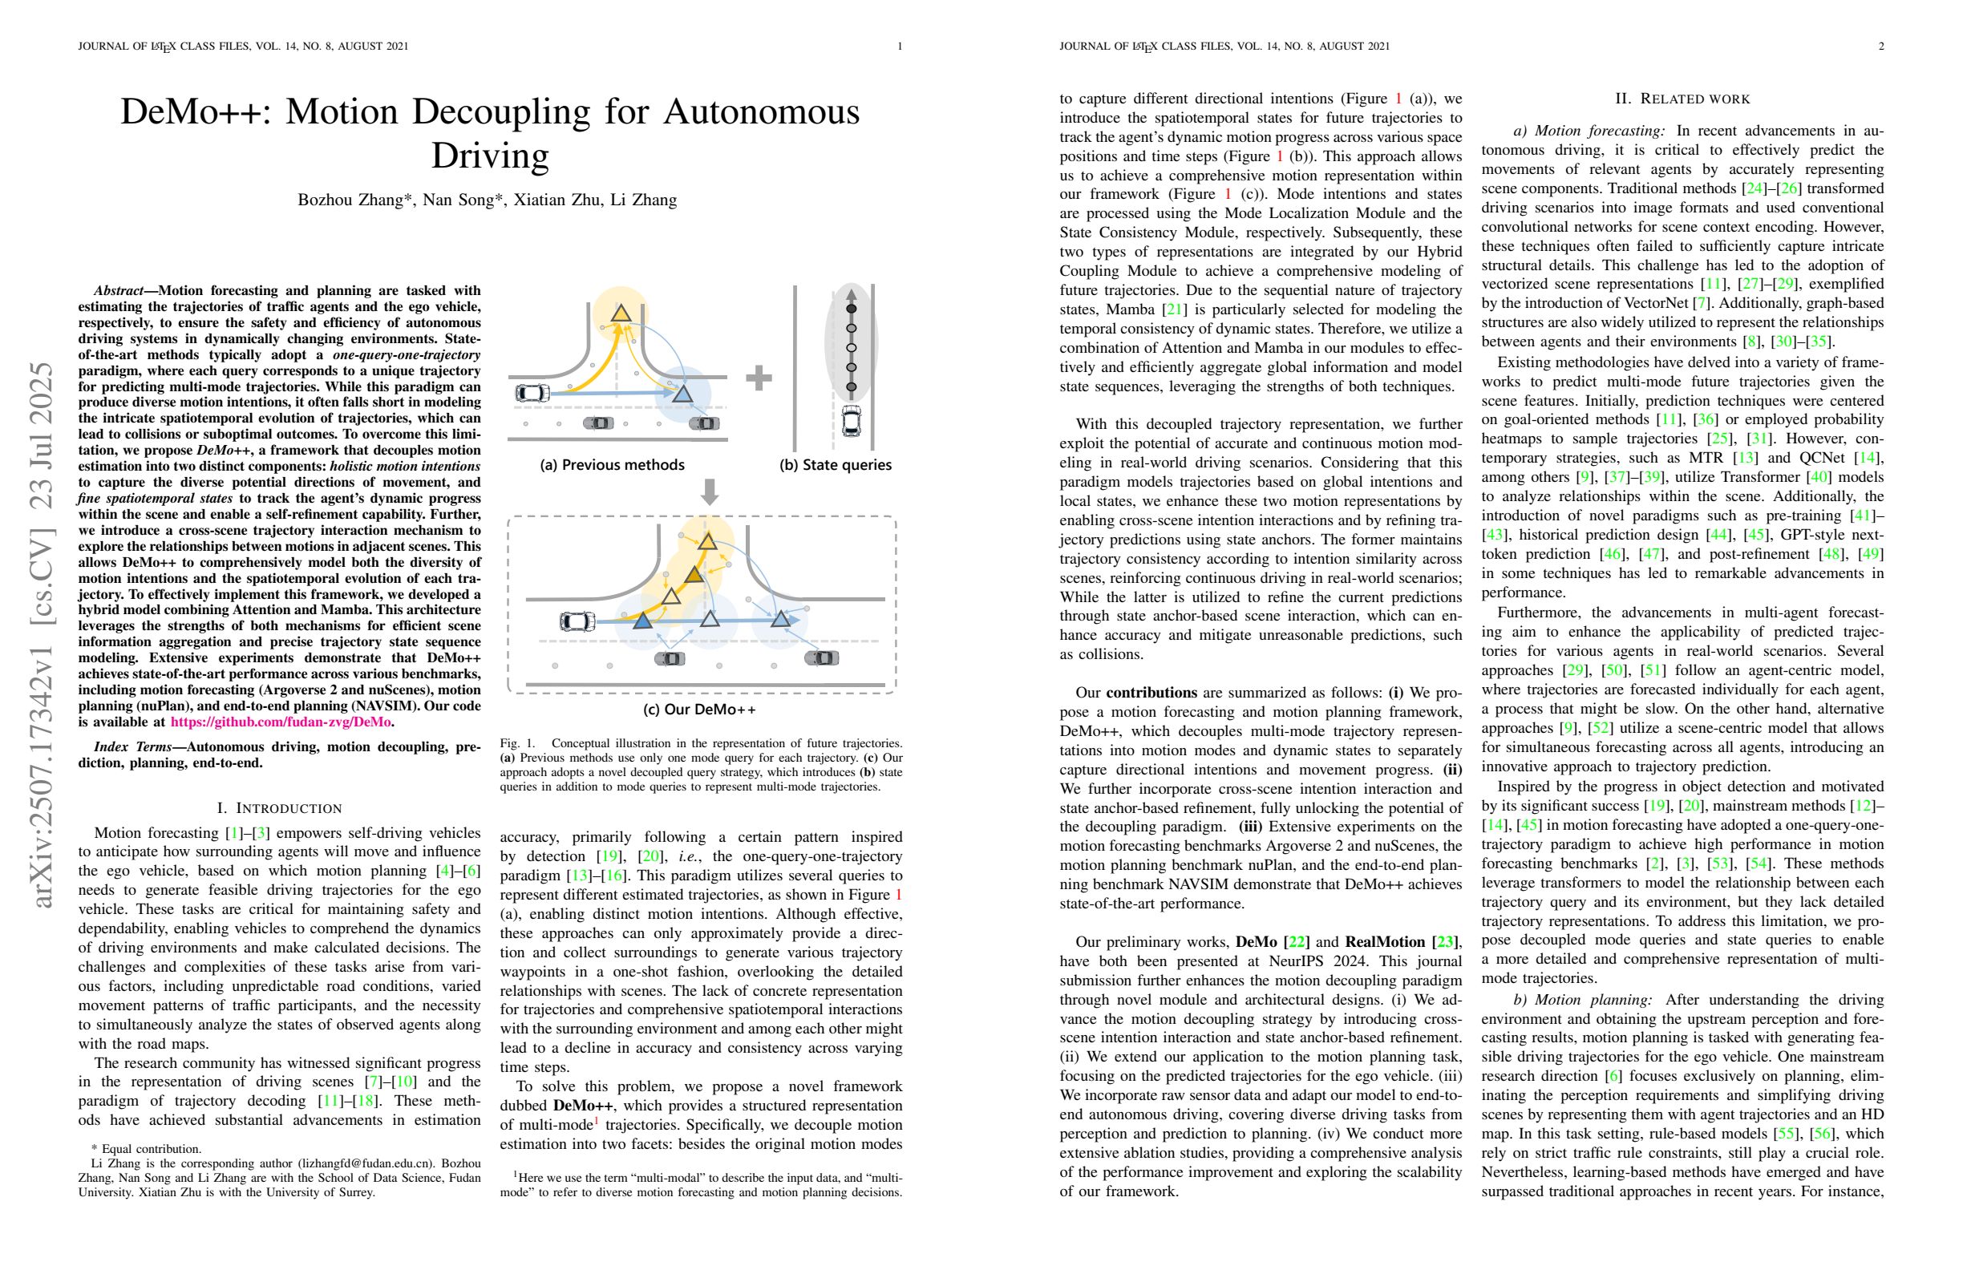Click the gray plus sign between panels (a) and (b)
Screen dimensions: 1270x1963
pyautogui.click(x=758, y=378)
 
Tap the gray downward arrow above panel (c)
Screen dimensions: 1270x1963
pyautogui.click(x=709, y=492)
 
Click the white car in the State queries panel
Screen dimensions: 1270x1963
pyautogui.click(x=851, y=421)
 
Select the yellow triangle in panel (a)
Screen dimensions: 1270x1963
pyautogui.click(x=621, y=313)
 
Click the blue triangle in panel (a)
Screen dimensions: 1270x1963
pyautogui.click(x=682, y=394)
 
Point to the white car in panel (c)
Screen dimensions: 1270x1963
pyautogui.click(x=577, y=621)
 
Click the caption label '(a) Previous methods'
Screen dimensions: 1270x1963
pyautogui.click(x=611, y=465)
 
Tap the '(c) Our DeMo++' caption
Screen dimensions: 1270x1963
pyautogui.click(x=698, y=710)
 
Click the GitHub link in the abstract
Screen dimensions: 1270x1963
pyautogui.click(x=281, y=722)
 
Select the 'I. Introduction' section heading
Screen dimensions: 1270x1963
pyautogui.click(x=279, y=808)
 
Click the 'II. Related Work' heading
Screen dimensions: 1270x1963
pyautogui.click(x=1682, y=99)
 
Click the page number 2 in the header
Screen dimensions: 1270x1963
pyautogui.click(x=1880, y=47)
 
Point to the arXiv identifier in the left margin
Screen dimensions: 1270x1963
pyautogui.click(x=41, y=635)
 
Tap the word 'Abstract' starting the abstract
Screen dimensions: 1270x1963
pyautogui.click(x=118, y=291)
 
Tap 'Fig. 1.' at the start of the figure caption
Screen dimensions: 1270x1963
pyautogui.click(x=517, y=743)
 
